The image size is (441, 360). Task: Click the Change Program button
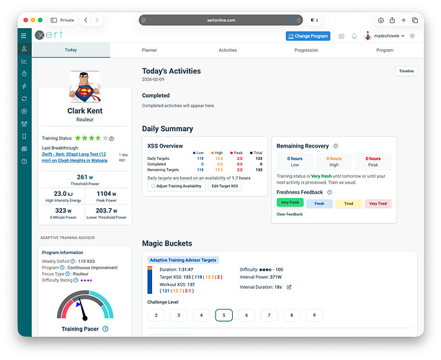click(308, 36)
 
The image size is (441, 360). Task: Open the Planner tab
click(149, 50)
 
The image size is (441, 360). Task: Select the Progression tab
click(306, 50)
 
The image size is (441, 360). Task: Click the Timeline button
click(406, 71)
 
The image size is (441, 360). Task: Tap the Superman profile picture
click(85, 87)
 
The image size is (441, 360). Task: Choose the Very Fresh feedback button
click(289, 203)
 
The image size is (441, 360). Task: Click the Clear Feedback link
click(289, 214)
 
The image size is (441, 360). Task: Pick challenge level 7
click(269, 315)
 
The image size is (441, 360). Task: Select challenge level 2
click(156, 315)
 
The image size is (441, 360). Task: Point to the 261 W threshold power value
click(85, 176)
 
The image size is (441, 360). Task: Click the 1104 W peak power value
click(106, 194)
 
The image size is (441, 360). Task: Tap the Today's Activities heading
click(171, 71)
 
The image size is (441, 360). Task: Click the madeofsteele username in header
click(389, 36)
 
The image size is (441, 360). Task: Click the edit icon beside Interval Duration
click(289, 287)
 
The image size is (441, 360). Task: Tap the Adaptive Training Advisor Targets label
click(183, 260)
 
